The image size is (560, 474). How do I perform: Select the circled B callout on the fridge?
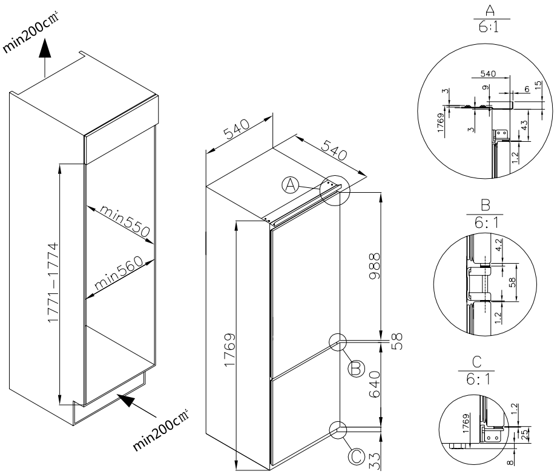pyautogui.click(x=356, y=367)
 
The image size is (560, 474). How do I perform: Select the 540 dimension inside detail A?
pyautogui.click(x=487, y=74)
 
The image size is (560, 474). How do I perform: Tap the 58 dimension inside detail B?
pyautogui.click(x=514, y=282)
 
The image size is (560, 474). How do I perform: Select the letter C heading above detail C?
pyautogui.click(x=475, y=362)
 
